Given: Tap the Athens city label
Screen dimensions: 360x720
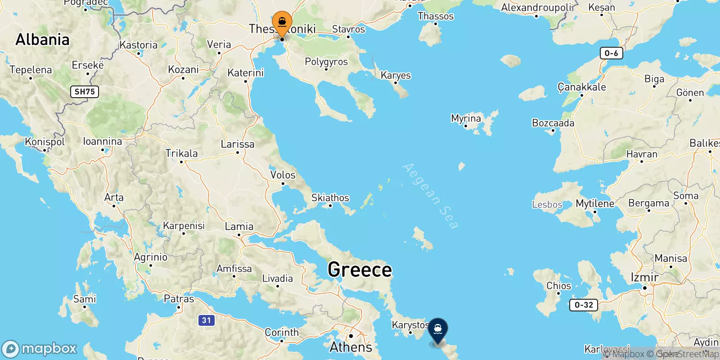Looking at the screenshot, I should point(351,347).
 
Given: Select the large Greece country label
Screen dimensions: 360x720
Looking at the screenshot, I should point(360,270).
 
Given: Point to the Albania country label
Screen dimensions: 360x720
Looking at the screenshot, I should point(42,40).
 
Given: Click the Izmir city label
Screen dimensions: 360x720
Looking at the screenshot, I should point(644,277).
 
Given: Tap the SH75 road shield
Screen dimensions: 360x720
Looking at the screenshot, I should point(85,92).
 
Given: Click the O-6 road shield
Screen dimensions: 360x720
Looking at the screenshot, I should point(611,53).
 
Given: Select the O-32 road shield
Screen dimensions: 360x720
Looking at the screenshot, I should point(584,305).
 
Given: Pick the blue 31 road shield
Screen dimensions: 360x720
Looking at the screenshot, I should point(206,320).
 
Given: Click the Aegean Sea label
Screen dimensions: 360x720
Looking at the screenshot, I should point(430,196).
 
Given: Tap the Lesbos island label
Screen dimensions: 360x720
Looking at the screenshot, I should point(547,205).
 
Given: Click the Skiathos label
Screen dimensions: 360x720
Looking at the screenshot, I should point(330,198).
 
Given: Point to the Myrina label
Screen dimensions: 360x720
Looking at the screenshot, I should point(466,118).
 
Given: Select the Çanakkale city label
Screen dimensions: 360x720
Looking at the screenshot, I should point(581,87).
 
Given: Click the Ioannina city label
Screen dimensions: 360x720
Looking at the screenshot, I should point(103,141).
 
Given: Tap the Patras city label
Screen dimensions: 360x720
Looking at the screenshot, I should point(179,299).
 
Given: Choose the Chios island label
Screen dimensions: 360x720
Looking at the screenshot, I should point(558,286).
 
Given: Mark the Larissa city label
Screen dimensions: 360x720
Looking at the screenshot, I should point(237,144).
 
